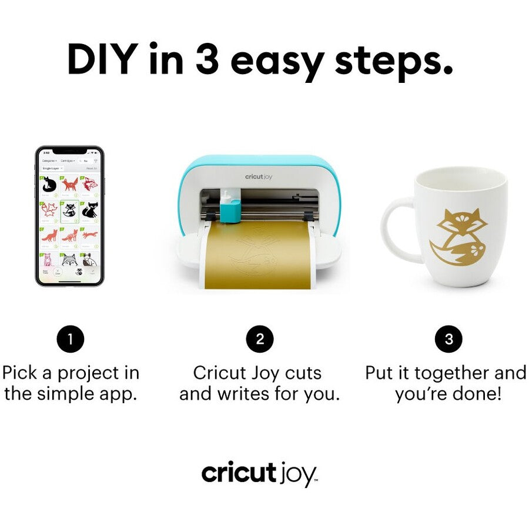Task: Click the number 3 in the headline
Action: click(x=207, y=59)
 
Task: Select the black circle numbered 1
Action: click(x=71, y=339)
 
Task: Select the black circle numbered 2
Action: click(x=260, y=339)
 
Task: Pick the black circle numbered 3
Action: click(x=448, y=339)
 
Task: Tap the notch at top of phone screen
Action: click(x=69, y=151)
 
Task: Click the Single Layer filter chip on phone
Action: click(x=51, y=168)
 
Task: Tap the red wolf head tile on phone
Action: click(x=89, y=185)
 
